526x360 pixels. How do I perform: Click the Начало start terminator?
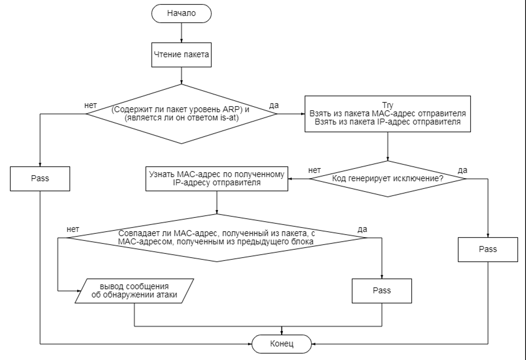(181, 13)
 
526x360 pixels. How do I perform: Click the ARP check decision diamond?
(181, 114)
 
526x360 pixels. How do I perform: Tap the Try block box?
(388, 114)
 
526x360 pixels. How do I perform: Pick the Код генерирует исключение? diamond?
(388, 179)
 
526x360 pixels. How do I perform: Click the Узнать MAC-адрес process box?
(216, 179)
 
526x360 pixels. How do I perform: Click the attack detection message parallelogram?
(134, 291)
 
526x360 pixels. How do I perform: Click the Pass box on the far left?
(40, 179)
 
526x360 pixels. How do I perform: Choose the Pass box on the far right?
(488, 249)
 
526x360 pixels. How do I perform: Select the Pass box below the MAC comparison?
(382, 291)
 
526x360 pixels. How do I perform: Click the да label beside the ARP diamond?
(275, 105)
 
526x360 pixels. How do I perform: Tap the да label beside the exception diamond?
(462, 170)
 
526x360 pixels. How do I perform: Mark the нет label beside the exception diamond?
(314, 170)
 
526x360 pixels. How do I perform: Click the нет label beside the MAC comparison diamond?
(72, 229)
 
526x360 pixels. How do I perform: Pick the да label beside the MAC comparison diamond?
(362, 229)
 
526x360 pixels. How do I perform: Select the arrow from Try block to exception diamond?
(388, 146)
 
